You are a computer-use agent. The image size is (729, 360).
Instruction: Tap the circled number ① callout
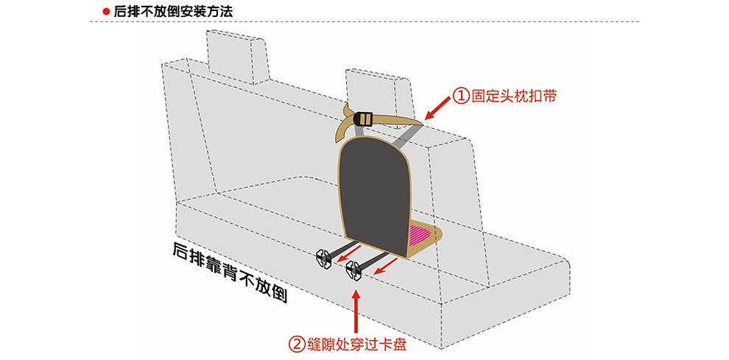[461, 96]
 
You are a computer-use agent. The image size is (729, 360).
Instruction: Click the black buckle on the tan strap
[365, 119]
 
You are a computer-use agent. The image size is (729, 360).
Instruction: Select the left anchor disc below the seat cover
[325, 259]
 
